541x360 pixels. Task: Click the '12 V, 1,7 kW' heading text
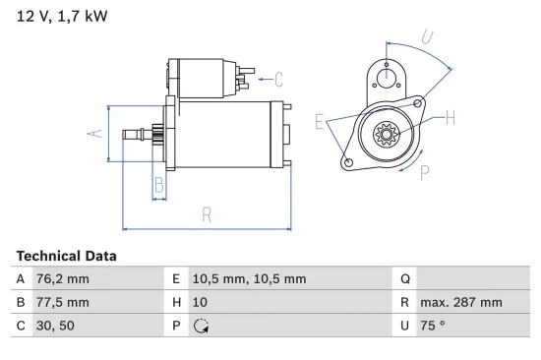click(62, 17)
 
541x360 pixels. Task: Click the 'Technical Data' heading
click(66, 256)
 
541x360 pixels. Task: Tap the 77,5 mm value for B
click(64, 302)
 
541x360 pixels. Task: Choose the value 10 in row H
click(202, 302)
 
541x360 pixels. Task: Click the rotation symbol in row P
click(202, 326)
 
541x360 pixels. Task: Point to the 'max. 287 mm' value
click(460, 302)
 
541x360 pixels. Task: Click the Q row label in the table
click(404, 279)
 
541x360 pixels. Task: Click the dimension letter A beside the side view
click(95, 134)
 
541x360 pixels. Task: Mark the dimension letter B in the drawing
click(157, 184)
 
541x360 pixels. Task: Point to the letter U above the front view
click(427, 37)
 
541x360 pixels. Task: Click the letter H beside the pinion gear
click(450, 119)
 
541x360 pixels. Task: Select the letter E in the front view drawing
click(321, 122)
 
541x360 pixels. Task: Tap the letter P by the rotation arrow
click(425, 172)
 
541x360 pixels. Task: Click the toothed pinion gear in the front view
click(386, 131)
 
